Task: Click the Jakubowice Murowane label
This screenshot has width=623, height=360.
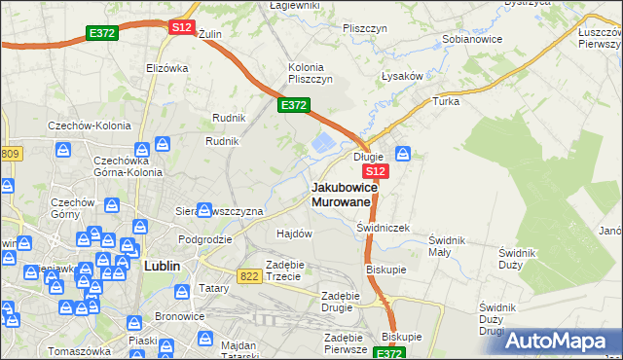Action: coord(341,194)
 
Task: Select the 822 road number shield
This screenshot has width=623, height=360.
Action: coord(248,276)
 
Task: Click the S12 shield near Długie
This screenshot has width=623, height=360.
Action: coord(379,171)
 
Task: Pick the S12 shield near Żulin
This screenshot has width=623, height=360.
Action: coord(181,28)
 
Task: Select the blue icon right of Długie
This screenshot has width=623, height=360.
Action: coord(404,153)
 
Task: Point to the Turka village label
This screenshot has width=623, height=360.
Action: coord(446,101)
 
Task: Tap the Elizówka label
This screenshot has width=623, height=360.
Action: coord(166,68)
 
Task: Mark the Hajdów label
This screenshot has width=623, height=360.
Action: coord(294,234)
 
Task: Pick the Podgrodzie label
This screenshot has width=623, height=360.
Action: coord(204,238)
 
